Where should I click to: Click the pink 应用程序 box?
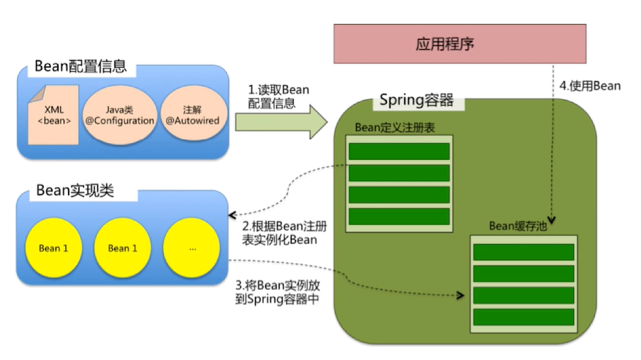pos(460,44)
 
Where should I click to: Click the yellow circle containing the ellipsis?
pos(191,248)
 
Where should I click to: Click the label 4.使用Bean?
pos(590,86)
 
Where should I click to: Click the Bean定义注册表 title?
pos(395,127)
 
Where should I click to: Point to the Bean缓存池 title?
pos(517,226)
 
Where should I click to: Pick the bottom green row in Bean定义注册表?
pos(399,216)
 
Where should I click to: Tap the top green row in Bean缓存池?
pos(523,252)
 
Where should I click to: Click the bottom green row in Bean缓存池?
pos(523,317)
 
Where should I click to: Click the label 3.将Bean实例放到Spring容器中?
pos(278,292)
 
